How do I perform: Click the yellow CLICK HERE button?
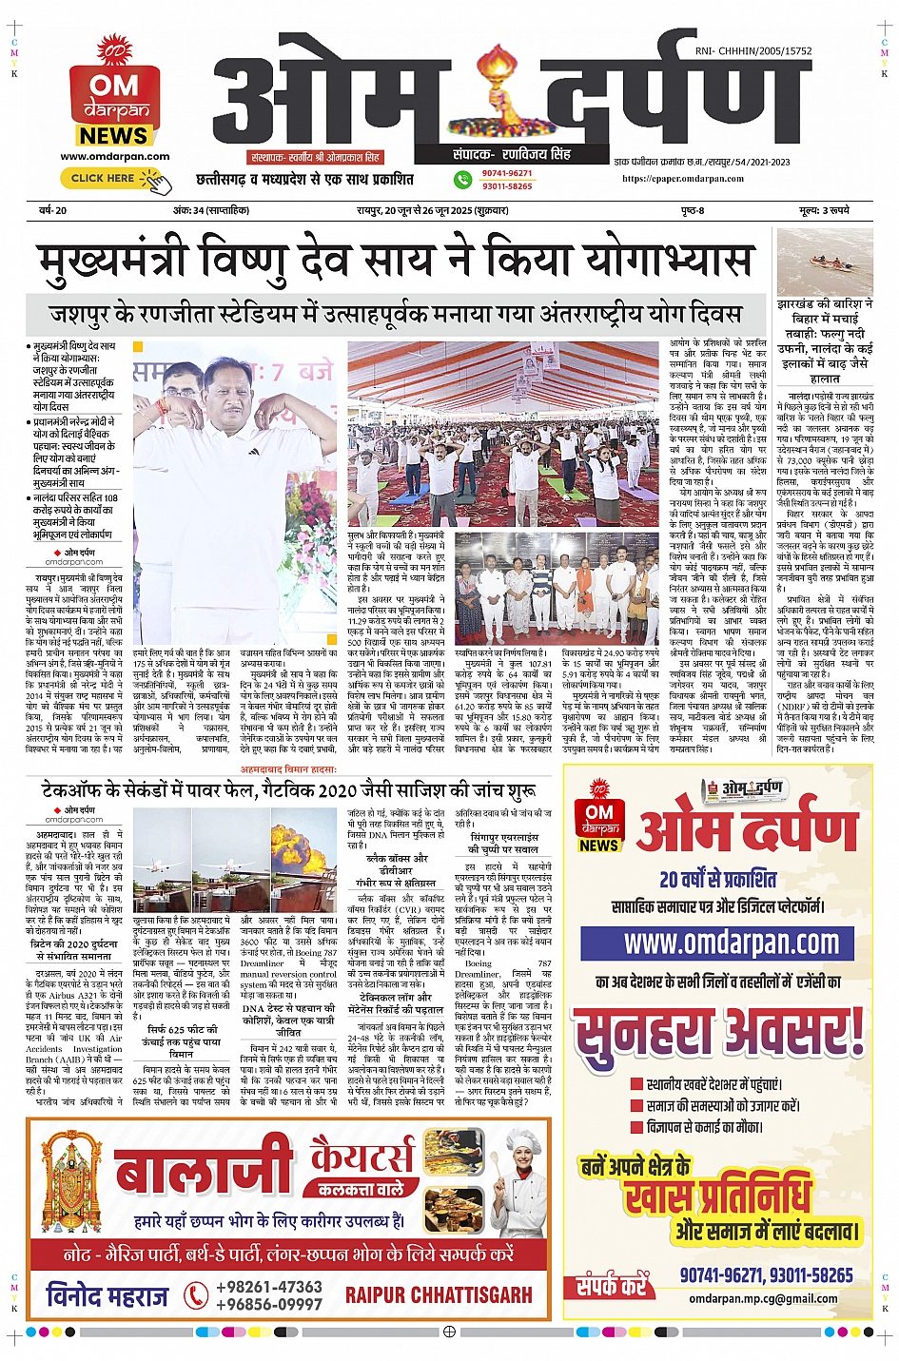point(104,178)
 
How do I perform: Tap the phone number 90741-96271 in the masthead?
point(506,173)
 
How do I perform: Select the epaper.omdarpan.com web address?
point(683,178)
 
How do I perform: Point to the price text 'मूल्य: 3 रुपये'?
point(824,210)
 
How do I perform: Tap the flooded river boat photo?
point(824,261)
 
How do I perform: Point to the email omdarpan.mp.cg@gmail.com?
point(763,1298)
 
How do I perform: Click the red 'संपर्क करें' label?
point(611,1287)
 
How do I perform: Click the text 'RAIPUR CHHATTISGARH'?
point(439,1295)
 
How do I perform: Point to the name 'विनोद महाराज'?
point(107,1295)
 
